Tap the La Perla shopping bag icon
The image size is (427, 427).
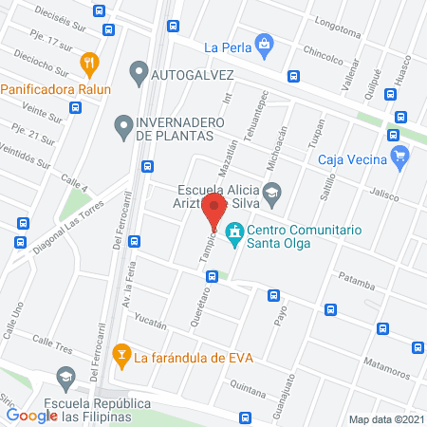pos(265,43)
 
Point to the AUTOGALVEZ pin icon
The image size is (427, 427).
pos(139,71)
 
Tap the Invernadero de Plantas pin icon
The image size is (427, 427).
pos(122,123)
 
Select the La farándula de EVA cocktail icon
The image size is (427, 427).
pos(121,357)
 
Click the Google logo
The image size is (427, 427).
pos(32,415)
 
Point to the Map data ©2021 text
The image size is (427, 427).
pos(385,418)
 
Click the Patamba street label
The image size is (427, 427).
pos(358,280)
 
